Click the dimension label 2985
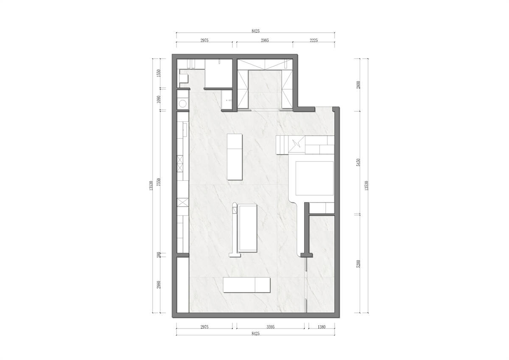point(265,40)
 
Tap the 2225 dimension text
point(313,40)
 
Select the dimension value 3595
point(271,327)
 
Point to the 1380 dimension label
point(322,327)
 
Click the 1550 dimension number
point(159,73)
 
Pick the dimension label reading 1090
point(159,99)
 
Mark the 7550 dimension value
point(159,182)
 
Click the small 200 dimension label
point(159,255)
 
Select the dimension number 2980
point(159,285)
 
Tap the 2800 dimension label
point(358,85)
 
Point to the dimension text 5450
point(358,162)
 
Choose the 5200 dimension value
point(358,264)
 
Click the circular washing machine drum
point(183,104)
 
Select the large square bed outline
point(314,178)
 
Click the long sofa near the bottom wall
point(246,285)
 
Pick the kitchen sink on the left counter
point(185,129)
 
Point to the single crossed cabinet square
point(183,202)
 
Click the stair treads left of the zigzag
point(282,145)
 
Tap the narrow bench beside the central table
point(235,230)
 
